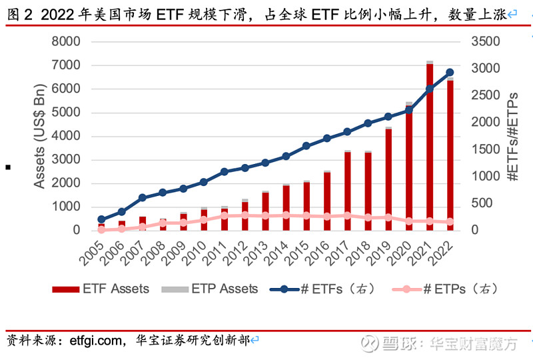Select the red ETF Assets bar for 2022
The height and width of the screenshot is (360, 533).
[x=450, y=155]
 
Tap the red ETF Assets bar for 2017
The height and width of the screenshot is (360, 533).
[x=347, y=191]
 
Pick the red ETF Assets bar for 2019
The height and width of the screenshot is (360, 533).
[x=388, y=179]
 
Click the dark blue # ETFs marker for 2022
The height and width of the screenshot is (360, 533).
[x=450, y=73]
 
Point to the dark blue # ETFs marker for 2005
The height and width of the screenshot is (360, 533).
[x=101, y=219]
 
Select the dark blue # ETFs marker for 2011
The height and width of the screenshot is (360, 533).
[x=224, y=171]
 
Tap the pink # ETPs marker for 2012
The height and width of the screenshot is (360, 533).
[x=245, y=215]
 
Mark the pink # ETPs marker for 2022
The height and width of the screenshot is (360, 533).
[x=450, y=221]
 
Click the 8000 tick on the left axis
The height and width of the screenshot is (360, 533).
[x=66, y=41]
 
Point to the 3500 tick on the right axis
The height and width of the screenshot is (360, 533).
[x=484, y=41]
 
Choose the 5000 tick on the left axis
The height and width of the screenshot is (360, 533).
[x=66, y=112]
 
